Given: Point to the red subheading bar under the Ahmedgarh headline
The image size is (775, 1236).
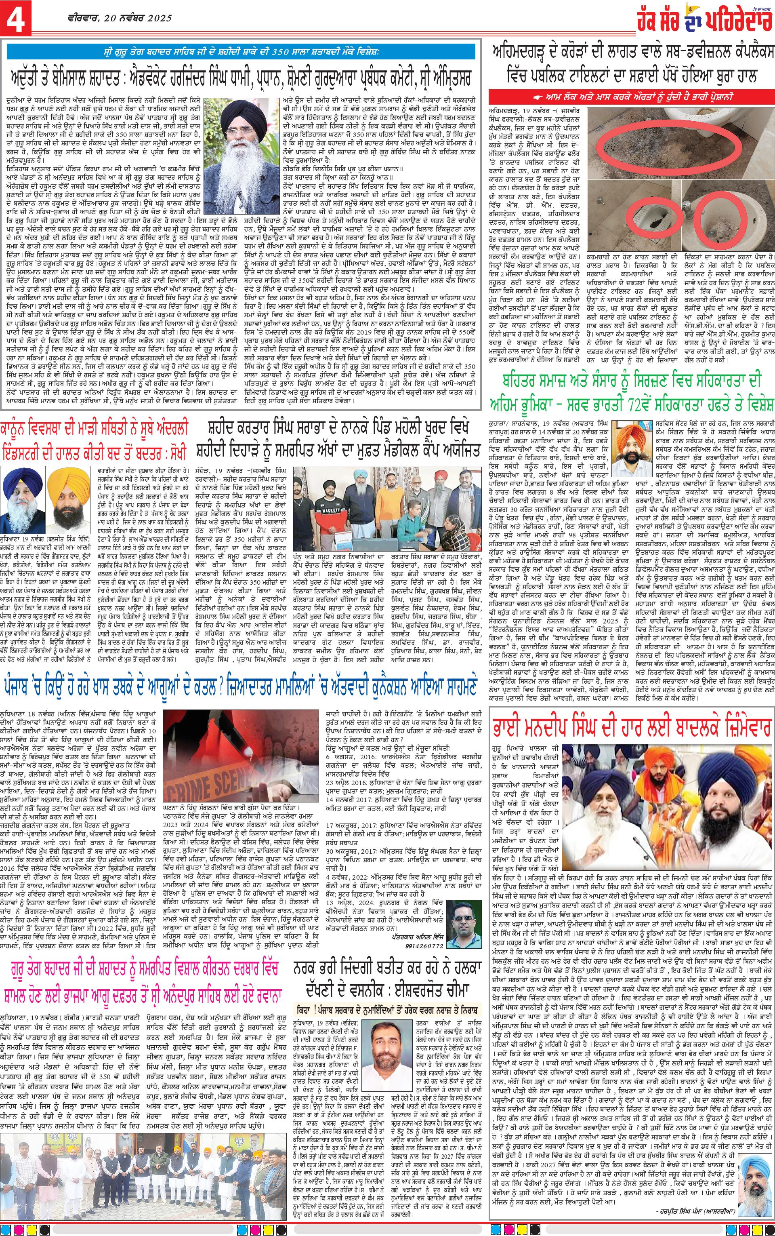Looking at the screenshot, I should (x=630, y=95).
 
